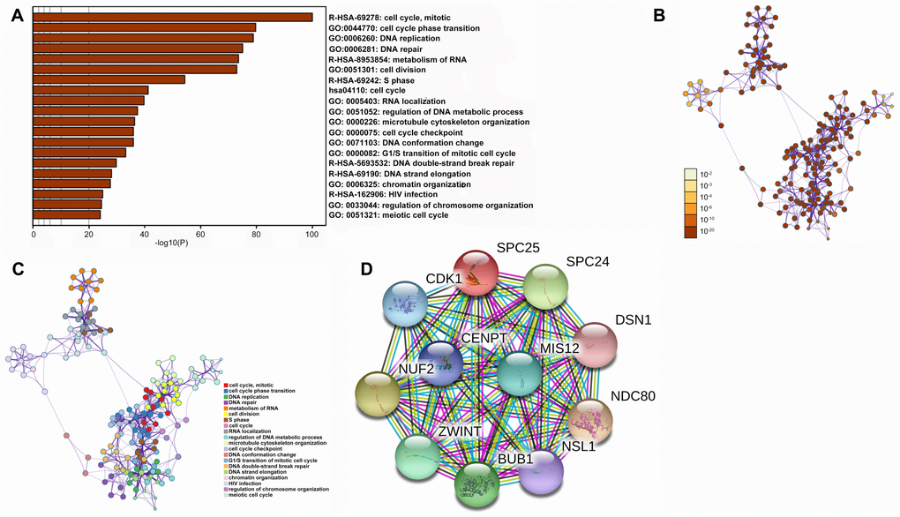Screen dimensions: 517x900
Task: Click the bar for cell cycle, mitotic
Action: (172, 17)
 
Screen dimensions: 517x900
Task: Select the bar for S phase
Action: (109, 79)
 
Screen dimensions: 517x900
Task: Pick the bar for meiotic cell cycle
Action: (66, 214)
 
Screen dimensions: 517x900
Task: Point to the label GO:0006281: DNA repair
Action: (371, 49)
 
